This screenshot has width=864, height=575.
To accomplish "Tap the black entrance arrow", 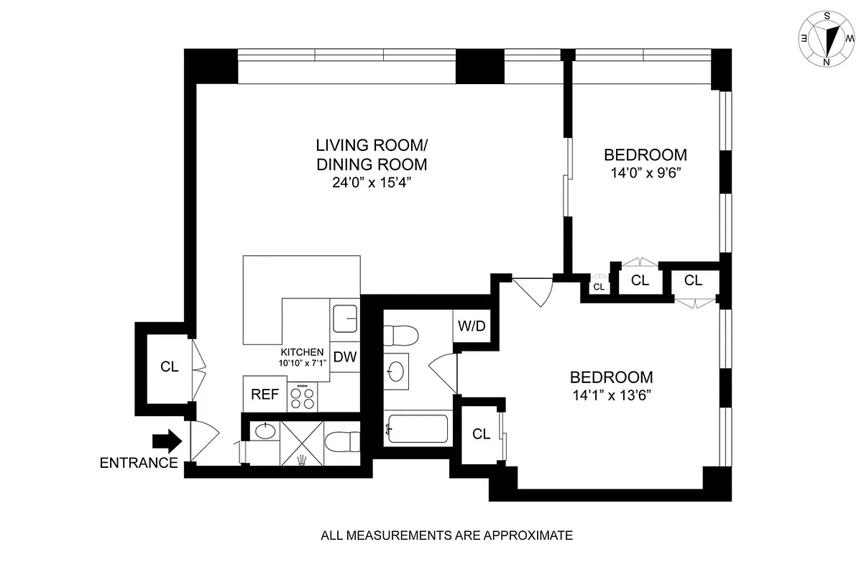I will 166,441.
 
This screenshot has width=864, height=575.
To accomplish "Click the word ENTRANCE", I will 139,463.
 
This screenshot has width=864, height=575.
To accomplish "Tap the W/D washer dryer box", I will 472,326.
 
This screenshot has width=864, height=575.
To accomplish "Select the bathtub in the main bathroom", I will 417,429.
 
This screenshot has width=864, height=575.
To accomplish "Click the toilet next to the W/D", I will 400,336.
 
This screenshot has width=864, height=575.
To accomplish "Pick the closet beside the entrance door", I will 169,367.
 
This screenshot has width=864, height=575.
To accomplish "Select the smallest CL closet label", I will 599,287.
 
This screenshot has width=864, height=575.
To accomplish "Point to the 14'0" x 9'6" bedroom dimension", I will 645,172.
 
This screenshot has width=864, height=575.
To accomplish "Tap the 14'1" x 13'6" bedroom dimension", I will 611,395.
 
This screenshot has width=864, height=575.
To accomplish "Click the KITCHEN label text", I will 303,352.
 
